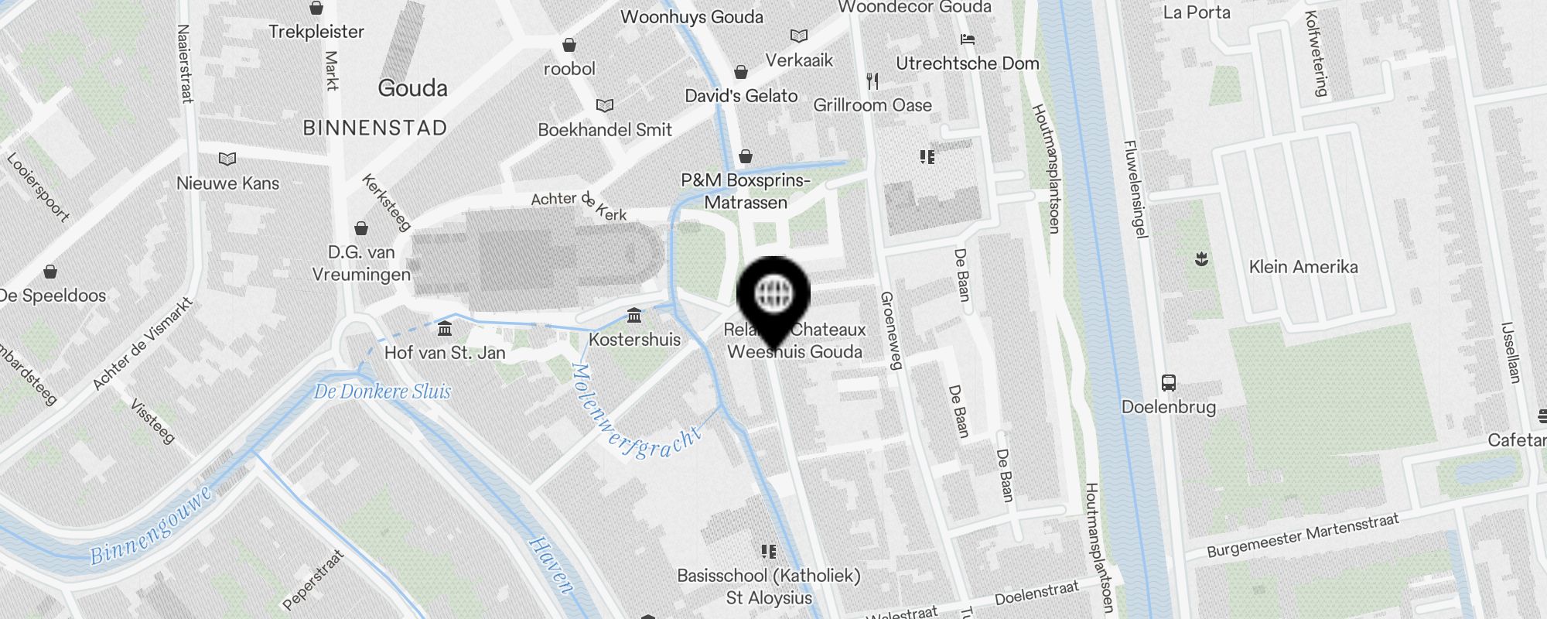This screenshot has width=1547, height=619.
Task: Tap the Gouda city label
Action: click(x=412, y=88)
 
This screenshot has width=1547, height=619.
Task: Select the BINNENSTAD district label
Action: click(x=375, y=128)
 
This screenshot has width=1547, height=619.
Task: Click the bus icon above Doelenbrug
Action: click(x=1169, y=382)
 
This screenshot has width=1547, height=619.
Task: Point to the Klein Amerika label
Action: click(x=1303, y=267)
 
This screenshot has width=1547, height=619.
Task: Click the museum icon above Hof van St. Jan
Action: click(x=445, y=330)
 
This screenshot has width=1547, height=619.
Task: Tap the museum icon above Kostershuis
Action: click(x=634, y=316)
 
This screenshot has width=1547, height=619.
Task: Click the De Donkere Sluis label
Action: click(x=382, y=392)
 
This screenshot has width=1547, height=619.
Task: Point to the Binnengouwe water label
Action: click(x=151, y=526)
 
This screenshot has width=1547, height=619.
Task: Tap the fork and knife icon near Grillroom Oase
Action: click(x=873, y=80)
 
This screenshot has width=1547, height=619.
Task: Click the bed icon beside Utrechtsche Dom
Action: click(x=967, y=39)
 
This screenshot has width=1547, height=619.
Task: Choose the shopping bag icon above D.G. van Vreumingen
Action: click(x=361, y=228)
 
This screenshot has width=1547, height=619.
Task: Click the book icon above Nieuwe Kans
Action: click(x=227, y=159)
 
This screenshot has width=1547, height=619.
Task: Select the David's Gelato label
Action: click(x=741, y=96)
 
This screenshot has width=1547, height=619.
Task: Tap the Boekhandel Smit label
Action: click(x=605, y=130)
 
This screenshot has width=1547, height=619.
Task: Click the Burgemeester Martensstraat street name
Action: click(x=1303, y=535)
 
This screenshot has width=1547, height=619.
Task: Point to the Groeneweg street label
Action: click(x=891, y=330)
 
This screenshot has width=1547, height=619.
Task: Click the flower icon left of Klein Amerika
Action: click(x=1201, y=259)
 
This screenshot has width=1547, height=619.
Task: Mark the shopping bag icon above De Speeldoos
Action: click(x=50, y=272)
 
